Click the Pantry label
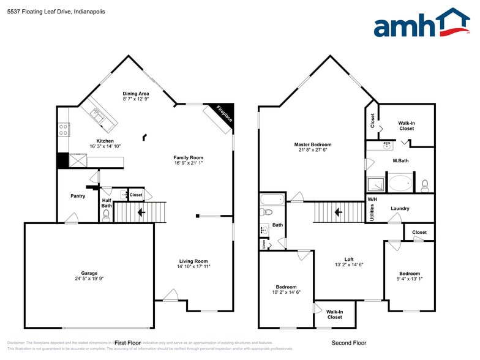(x=78, y=196)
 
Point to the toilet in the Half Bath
(x=106, y=215)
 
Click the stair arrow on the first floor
(x=141, y=212)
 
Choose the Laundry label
(x=400, y=209)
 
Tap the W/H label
(x=372, y=200)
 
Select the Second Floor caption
(x=348, y=343)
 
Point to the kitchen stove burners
(x=63, y=129)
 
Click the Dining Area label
(x=136, y=94)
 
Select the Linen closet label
(x=263, y=244)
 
